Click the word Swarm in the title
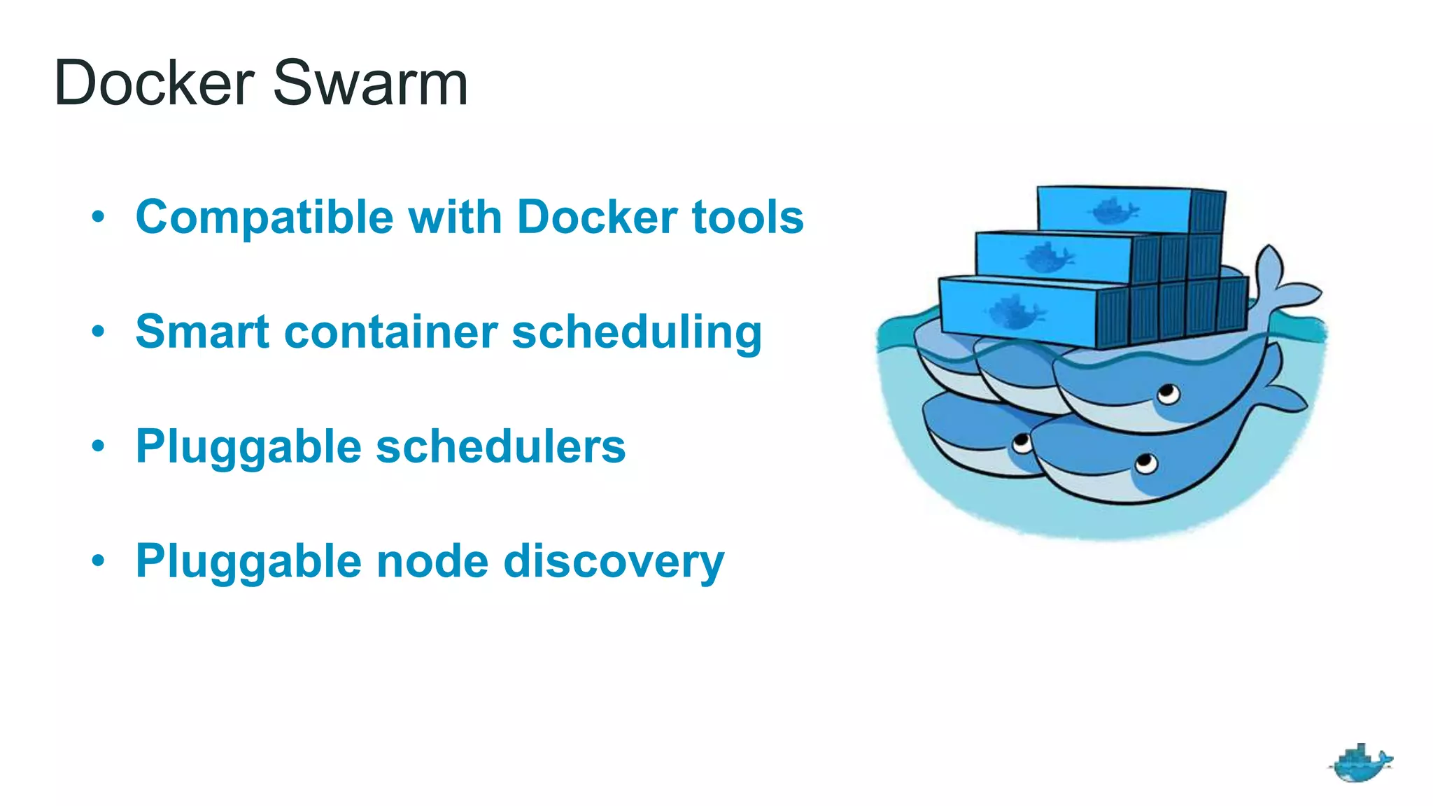click(370, 83)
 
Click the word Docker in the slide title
click(154, 83)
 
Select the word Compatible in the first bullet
click(264, 218)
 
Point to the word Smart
click(202, 332)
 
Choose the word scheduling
click(637, 333)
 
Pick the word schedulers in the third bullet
click(501, 446)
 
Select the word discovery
click(614, 563)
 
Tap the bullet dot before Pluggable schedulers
click(99, 445)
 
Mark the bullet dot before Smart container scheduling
click(99, 330)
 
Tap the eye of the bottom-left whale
click(1022, 443)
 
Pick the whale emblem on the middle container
click(1047, 258)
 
